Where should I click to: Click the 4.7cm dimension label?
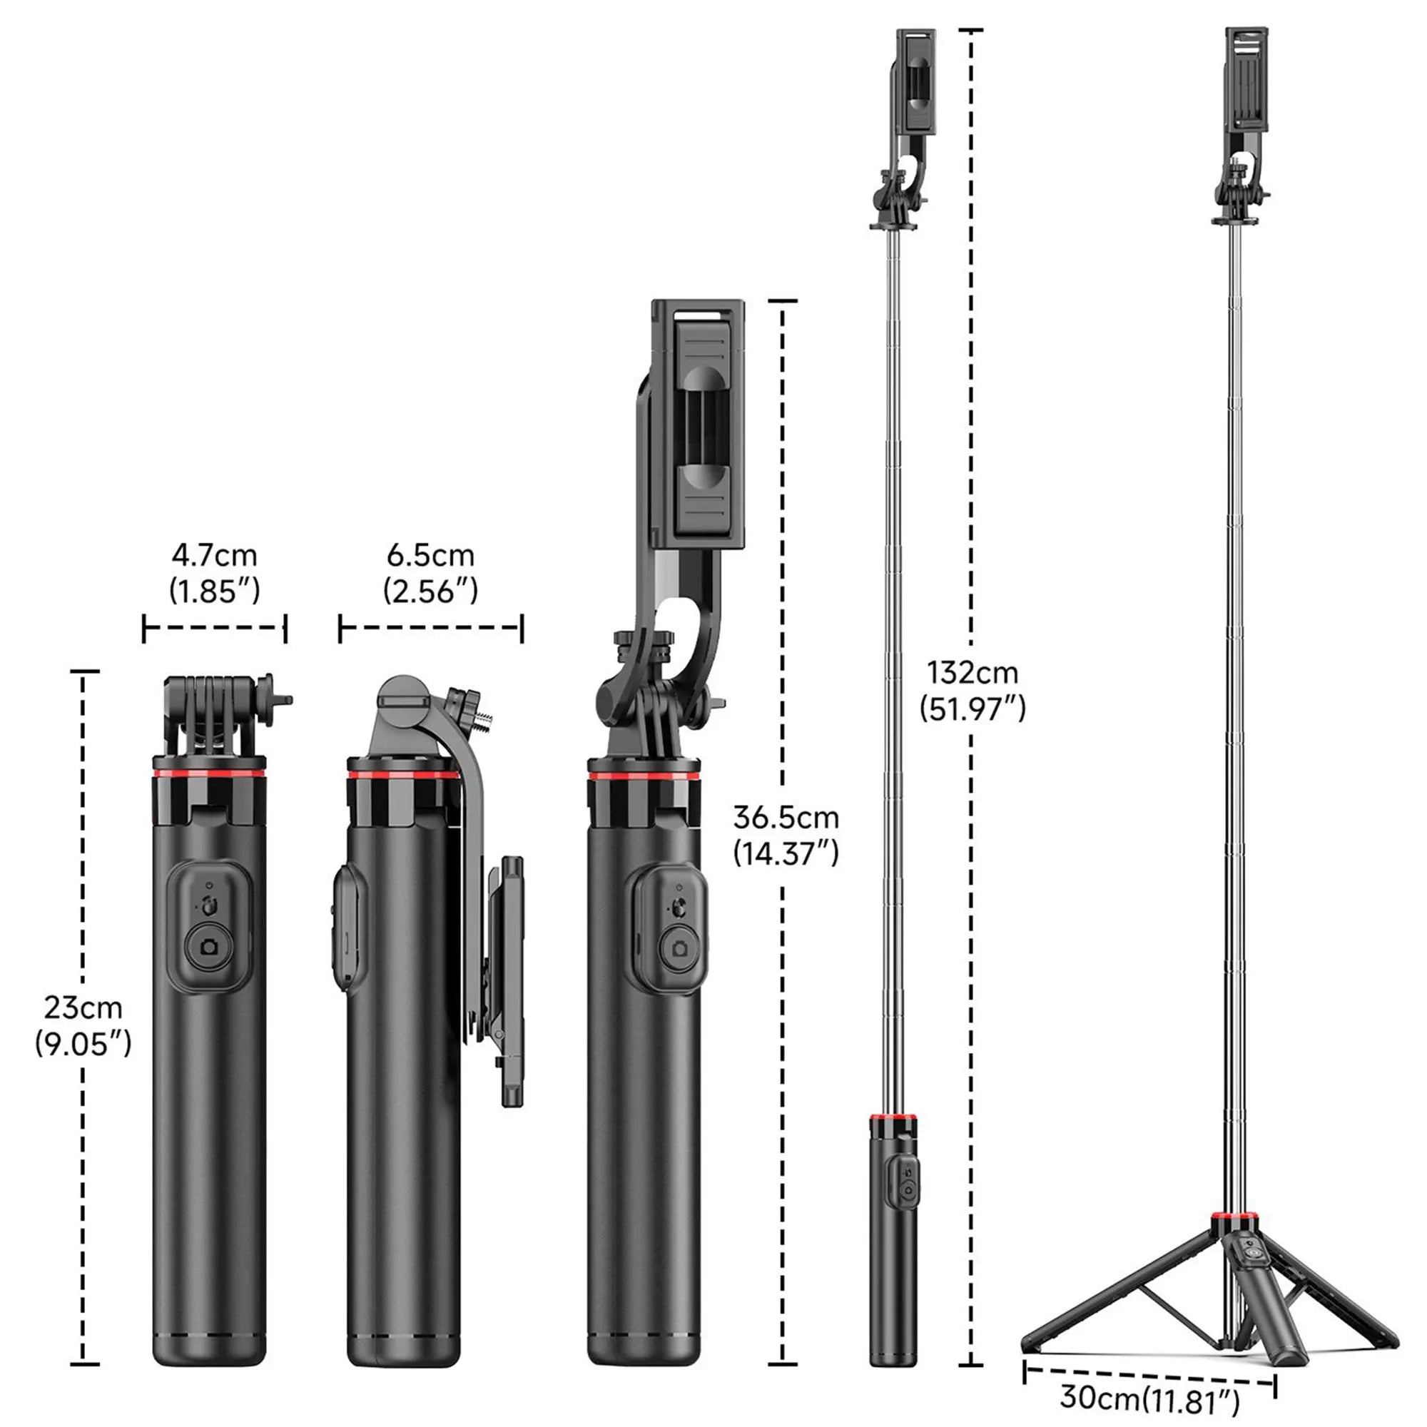[214, 554]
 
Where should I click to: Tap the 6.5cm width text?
[431, 554]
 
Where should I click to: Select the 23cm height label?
[83, 1008]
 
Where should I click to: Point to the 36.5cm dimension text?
[786, 818]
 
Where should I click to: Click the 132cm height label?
[973, 673]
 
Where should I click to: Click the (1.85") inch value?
[214, 591]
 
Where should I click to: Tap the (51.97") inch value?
[973, 709]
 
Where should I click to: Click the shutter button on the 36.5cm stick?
[678, 948]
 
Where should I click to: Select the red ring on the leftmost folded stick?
[210, 773]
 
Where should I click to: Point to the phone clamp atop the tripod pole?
[1247, 88]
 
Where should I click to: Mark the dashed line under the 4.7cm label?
[214, 629]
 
